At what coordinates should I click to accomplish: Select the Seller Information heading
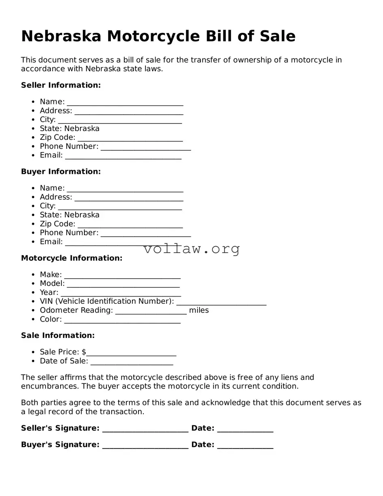(61, 85)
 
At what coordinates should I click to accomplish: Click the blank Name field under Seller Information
(125, 102)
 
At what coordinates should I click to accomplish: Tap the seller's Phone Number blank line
(145, 147)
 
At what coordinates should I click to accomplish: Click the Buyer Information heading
(61, 172)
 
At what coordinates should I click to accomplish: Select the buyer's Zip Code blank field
(130, 225)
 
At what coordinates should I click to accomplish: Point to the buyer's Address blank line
(129, 198)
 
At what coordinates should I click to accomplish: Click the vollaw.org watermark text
(191, 249)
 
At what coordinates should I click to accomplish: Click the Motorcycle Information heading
(71, 258)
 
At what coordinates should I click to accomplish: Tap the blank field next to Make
(122, 275)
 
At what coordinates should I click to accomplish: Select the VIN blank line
(221, 302)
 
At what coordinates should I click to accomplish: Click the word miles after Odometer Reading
(199, 310)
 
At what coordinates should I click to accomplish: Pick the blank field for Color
(122, 320)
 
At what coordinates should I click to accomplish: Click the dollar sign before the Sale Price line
(84, 352)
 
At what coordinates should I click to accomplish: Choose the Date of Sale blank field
(132, 362)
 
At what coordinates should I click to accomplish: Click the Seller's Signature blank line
(145, 429)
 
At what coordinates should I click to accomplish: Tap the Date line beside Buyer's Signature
(245, 446)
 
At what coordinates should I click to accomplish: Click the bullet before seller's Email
(33, 156)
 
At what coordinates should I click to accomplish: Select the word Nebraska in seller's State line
(82, 129)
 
